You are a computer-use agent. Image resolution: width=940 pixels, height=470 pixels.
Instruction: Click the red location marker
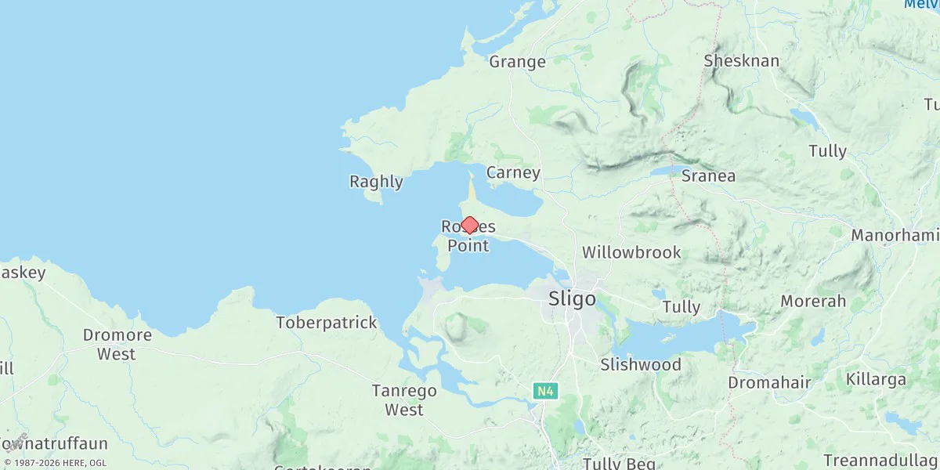[x=469, y=226]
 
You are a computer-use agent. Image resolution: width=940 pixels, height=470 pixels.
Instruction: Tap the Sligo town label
[x=572, y=299]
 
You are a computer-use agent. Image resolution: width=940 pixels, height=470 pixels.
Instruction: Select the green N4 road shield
[x=546, y=390]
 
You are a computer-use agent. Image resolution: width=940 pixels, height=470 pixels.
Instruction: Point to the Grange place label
[x=517, y=62]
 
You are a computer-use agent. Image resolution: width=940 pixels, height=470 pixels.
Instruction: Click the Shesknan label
[x=741, y=61]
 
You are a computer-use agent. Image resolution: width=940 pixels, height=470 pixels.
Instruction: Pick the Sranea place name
[x=708, y=176]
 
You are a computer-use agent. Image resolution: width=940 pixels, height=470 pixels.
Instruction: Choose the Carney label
[x=513, y=172]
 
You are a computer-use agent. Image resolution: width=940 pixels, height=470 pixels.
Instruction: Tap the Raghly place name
[x=376, y=183]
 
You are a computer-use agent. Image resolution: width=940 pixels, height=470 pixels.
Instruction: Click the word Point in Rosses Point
[x=468, y=246]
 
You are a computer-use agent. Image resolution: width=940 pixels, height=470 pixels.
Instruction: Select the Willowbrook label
[x=631, y=253]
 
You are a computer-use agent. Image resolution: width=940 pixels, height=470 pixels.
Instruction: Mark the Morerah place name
[x=813, y=302]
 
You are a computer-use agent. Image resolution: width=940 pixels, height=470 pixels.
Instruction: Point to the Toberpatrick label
[x=327, y=323]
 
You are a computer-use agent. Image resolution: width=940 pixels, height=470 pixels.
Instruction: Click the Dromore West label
[x=117, y=345]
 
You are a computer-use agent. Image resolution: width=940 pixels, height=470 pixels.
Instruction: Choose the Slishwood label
[x=640, y=365]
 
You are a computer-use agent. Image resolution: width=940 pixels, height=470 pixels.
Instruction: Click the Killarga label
[x=876, y=380]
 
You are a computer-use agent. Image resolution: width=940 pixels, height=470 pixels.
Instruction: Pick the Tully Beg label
[x=619, y=464]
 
